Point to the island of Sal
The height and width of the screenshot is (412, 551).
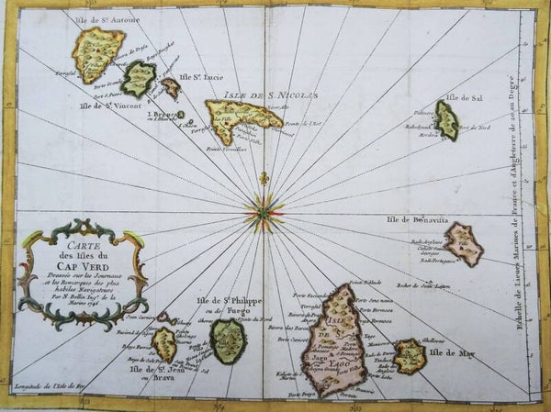click(446, 120)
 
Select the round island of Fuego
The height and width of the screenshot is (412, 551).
click(228, 340)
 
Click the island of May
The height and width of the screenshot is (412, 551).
click(409, 355)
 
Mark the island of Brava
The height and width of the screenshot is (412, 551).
click(164, 345)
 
